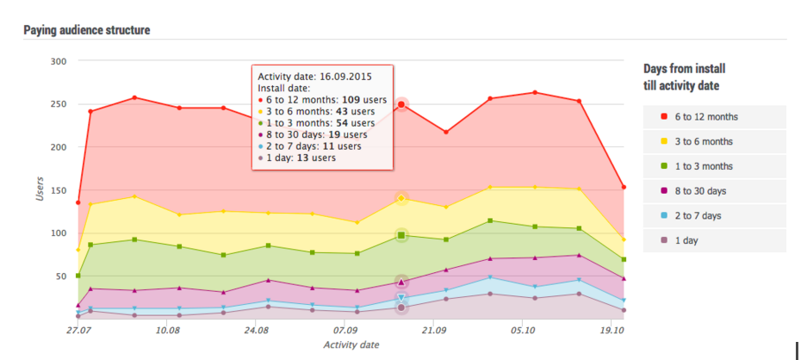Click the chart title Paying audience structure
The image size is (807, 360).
(87, 30)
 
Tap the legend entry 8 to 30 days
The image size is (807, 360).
(698, 191)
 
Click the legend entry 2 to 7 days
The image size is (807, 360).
(697, 215)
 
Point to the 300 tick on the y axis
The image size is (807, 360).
(59, 61)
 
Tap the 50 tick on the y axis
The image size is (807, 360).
(60, 276)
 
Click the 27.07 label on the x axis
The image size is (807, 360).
(78, 330)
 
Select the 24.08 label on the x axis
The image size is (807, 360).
(256, 330)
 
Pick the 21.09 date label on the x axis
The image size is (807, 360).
(433, 330)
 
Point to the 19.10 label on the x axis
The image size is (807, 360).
(611, 330)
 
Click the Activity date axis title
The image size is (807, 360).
(350, 345)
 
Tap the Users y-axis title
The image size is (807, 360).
(40, 190)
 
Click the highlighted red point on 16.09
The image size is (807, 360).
(401, 105)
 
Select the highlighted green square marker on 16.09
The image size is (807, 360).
(401, 234)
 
